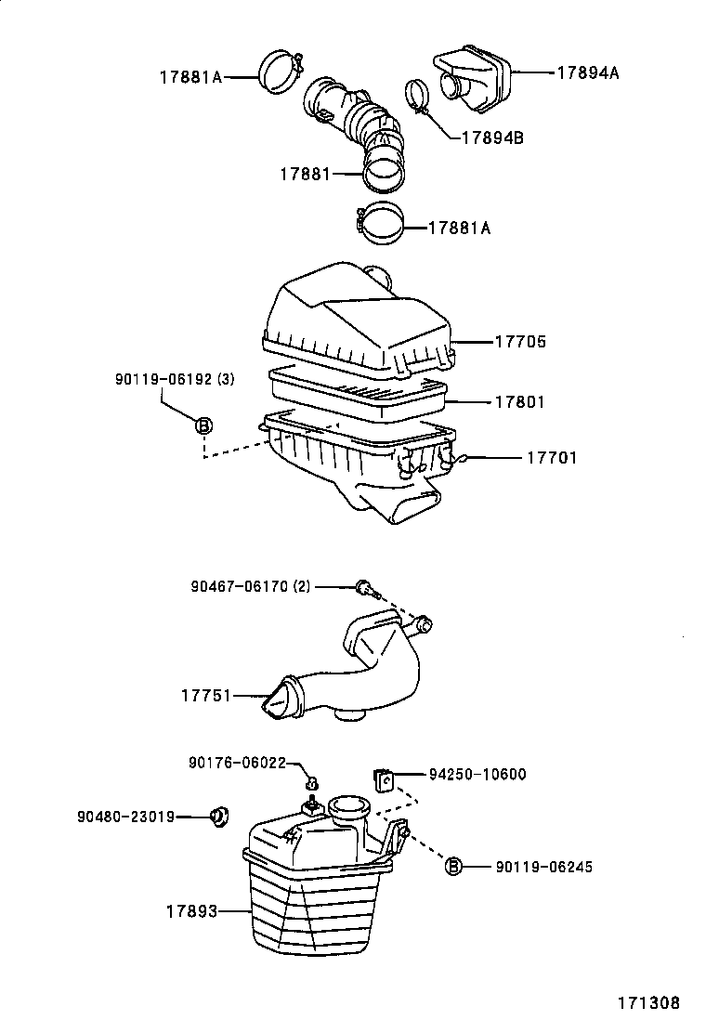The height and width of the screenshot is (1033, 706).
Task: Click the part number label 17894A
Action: tap(587, 72)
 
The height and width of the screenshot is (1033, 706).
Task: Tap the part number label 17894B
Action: tap(492, 137)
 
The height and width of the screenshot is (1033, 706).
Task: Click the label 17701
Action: tap(552, 458)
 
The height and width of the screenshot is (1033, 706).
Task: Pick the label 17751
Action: tap(205, 695)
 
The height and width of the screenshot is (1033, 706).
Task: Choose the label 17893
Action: tap(192, 912)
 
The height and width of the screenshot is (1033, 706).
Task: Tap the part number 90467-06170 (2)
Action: tap(250, 586)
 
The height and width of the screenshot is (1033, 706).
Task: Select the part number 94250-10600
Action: tap(477, 774)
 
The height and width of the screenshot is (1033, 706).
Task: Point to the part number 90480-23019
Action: tap(125, 817)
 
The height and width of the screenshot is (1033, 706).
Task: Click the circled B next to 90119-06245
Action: tap(453, 867)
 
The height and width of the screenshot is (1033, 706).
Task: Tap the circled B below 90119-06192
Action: tap(203, 426)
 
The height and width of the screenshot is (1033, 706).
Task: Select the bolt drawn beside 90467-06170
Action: tap(364, 588)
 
